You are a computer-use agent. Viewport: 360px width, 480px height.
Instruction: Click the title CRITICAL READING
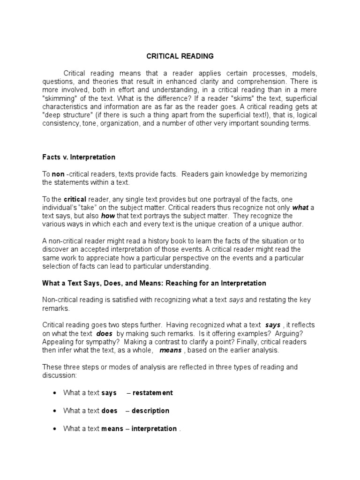click(180, 56)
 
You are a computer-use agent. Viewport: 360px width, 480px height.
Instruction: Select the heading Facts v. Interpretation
click(79, 157)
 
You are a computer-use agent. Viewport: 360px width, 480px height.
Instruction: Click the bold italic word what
click(300, 207)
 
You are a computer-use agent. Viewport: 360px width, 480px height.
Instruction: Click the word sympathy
click(94, 342)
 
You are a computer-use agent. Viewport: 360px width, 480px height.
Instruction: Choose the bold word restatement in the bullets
click(152, 393)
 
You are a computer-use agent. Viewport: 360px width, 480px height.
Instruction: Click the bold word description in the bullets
click(150, 411)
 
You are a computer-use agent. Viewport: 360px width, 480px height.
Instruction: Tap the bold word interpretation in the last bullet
click(155, 428)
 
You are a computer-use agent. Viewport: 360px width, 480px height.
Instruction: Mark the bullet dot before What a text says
click(56, 393)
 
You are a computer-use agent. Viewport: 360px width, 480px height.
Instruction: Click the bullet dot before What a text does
click(56, 411)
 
